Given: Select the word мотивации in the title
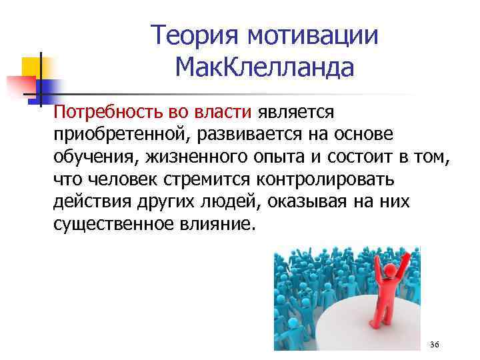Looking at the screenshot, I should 313,35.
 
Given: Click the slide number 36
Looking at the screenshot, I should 435,343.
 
